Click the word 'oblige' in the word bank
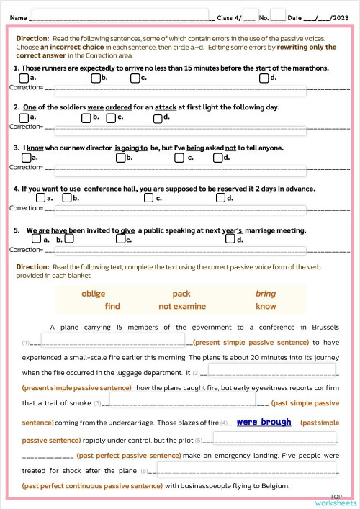[x=94, y=294]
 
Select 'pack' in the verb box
[x=181, y=294]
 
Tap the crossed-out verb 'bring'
[x=266, y=294]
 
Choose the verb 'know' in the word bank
[x=266, y=306]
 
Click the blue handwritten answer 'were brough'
[x=264, y=422]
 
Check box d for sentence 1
[x=264, y=77]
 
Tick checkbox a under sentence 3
[x=24, y=157]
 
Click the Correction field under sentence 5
[x=180, y=251]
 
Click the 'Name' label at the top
[x=19, y=17]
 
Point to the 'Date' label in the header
[x=294, y=17]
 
